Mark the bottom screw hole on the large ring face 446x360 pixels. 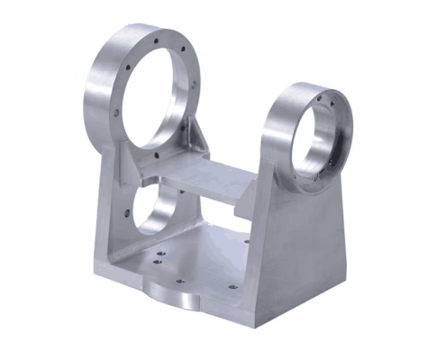[x=157, y=156]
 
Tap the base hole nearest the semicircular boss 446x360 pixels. [x=179, y=281]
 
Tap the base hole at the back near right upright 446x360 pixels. [x=246, y=240]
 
